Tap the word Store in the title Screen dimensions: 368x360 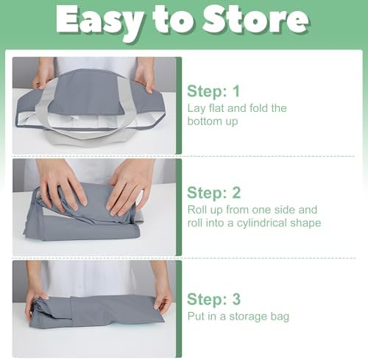tap(255, 19)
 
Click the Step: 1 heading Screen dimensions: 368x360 tap(213, 91)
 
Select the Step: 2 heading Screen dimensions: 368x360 tap(213, 193)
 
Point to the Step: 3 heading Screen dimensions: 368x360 tap(213, 299)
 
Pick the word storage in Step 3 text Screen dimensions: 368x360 tap(248, 317)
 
